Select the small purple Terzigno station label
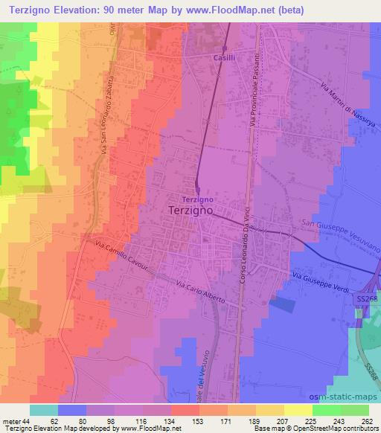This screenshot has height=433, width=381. (x=199, y=199)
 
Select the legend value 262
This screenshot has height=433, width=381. (x=365, y=421)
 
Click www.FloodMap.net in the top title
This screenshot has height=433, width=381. (x=224, y=9)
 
